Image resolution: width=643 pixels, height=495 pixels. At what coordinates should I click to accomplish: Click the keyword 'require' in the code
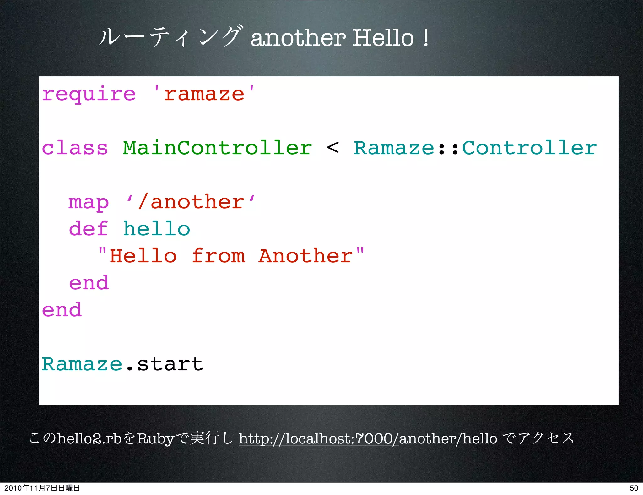coord(89,94)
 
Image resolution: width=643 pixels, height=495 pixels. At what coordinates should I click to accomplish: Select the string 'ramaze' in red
coord(204,94)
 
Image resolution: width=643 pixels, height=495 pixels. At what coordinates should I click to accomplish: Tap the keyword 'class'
coord(75,148)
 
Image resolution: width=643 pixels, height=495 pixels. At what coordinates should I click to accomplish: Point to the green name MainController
coord(217,148)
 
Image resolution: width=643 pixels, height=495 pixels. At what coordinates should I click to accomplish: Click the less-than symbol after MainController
coord(333,147)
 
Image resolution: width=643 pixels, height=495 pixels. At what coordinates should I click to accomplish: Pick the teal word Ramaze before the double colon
coord(394,148)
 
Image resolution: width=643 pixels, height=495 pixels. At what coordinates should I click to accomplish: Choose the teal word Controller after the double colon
coord(529,148)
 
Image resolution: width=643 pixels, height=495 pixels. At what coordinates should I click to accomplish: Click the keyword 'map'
coord(89,202)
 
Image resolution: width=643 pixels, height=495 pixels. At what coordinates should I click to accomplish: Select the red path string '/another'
coord(191,202)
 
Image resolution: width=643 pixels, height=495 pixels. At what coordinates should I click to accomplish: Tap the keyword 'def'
coord(89,229)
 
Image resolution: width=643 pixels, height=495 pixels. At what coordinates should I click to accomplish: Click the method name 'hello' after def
coord(156,229)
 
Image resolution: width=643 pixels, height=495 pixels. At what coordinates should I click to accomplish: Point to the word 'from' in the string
coord(219,256)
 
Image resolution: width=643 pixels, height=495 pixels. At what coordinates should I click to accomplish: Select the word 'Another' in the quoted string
coord(306,256)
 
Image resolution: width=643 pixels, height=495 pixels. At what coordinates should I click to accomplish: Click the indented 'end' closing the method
coord(89,283)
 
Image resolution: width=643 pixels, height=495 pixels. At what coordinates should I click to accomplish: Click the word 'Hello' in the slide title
coord(383,38)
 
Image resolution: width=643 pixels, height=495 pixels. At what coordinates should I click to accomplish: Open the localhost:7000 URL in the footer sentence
coord(318,438)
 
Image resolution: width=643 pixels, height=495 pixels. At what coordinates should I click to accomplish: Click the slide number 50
coord(634,488)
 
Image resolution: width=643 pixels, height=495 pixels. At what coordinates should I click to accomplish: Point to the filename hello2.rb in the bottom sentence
coord(89,438)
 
